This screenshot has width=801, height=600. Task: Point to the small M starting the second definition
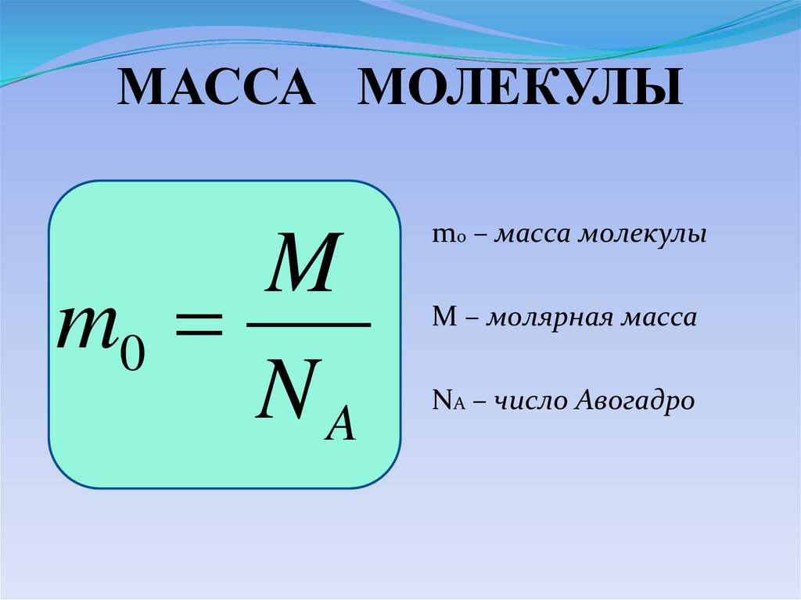(x=439, y=318)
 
